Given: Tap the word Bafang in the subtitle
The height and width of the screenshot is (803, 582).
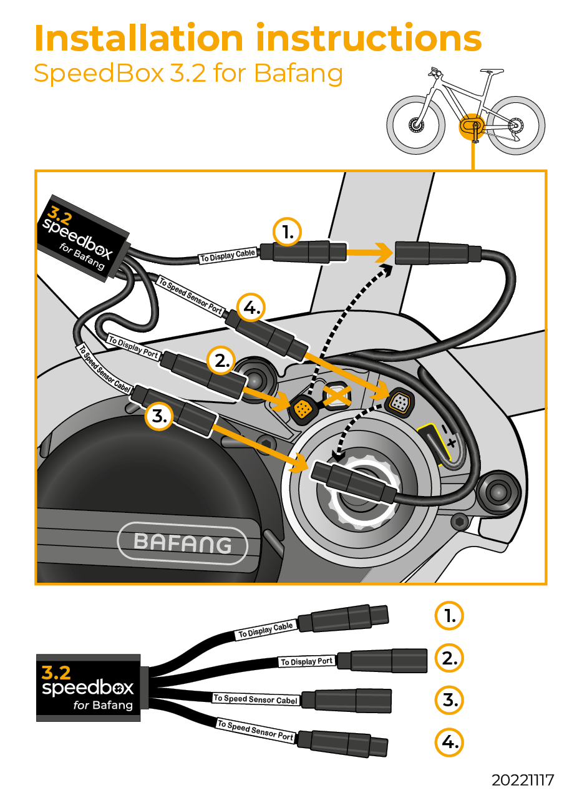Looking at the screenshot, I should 298,73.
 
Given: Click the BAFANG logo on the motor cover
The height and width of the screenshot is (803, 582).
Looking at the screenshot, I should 182,543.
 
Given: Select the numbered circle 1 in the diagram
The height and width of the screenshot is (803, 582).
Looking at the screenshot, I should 287,233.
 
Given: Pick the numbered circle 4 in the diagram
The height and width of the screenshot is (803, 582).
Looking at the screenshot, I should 251,308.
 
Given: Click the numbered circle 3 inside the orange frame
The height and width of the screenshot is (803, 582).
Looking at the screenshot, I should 160,417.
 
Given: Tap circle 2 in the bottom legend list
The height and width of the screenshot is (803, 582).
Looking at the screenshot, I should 449,658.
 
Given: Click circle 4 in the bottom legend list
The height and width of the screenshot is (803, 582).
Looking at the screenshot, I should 449,742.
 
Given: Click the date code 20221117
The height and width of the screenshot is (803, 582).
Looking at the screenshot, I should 522,781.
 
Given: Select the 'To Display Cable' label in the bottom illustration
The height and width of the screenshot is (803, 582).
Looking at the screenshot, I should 266,631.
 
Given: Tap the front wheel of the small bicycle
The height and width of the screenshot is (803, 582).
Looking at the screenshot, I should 416,124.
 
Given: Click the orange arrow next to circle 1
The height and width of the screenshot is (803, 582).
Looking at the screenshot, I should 369,253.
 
